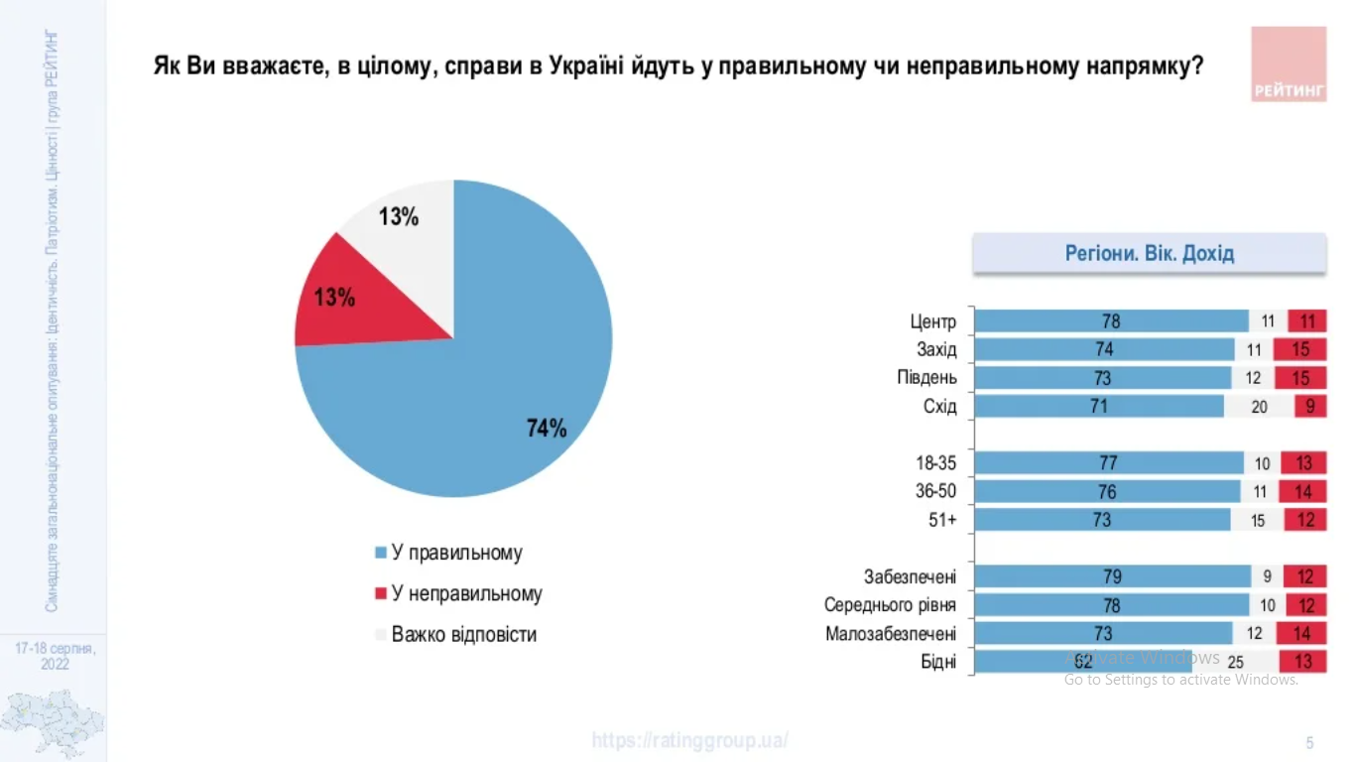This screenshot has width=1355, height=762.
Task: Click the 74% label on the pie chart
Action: (x=547, y=429)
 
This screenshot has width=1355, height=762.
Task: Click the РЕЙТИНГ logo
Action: (x=1289, y=63)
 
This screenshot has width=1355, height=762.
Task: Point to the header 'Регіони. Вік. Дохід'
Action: (x=1149, y=253)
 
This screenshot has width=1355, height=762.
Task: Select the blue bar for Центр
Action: (x=1111, y=321)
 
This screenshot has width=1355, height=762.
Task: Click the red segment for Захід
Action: (x=1300, y=349)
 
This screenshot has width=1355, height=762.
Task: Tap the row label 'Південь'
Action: (x=927, y=378)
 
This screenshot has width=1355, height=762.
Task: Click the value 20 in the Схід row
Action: (x=1259, y=406)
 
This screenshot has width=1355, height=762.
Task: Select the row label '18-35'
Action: (x=936, y=462)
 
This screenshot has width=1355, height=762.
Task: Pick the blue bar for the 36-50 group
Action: (x=1107, y=491)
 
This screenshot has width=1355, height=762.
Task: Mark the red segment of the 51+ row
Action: (x=1305, y=520)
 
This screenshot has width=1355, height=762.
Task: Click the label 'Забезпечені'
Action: (x=910, y=576)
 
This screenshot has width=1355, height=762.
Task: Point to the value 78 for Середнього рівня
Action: (x=1111, y=605)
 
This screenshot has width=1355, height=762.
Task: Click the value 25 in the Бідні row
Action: (x=1236, y=662)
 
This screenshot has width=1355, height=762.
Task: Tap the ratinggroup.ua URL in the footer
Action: (x=690, y=740)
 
